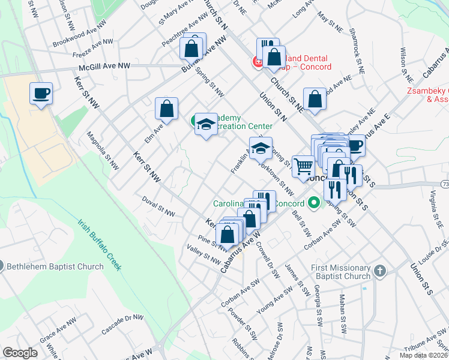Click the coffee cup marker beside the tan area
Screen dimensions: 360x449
(x=41, y=94)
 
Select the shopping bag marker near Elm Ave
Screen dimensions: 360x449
(x=166, y=109)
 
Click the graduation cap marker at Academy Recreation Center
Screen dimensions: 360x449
(x=206, y=124)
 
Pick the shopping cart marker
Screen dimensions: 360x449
(x=304, y=166)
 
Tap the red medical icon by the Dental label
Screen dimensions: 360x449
(x=257, y=62)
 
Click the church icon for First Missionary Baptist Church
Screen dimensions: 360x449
(x=379, y=272)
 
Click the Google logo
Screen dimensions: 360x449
(x=20, y=353)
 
